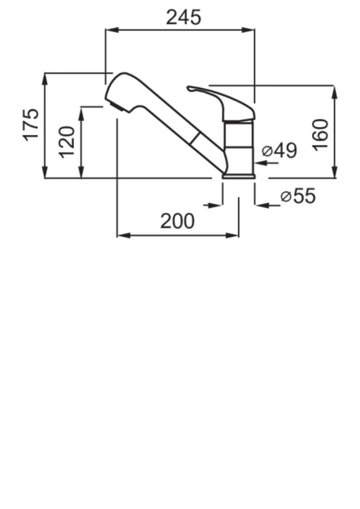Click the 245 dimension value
[183, 17]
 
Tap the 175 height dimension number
[31, 125]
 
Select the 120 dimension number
[68, 142]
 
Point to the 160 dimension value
[320, 135]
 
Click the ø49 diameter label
[279, 150]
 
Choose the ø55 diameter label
[298, 196]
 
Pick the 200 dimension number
[177, 221]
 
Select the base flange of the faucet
[239, 176]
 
